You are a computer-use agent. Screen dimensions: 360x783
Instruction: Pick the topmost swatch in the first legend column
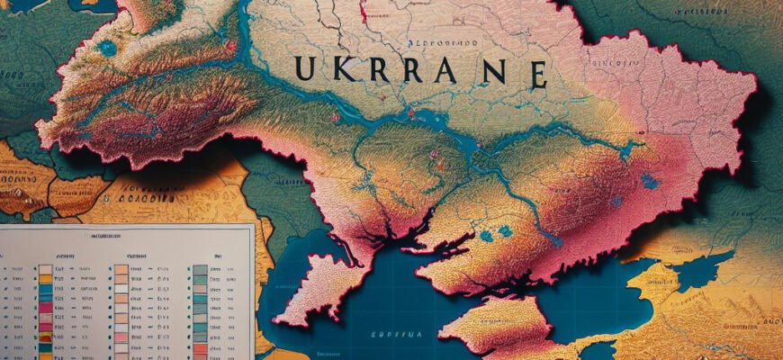click(x=45, y=269)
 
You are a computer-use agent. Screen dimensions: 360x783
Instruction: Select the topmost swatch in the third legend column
click(x=199, y=268)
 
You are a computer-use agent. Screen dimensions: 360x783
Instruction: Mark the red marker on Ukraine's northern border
click(x=364, y=11)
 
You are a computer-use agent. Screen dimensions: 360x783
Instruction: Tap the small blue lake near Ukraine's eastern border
click(x=650, y=181)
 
